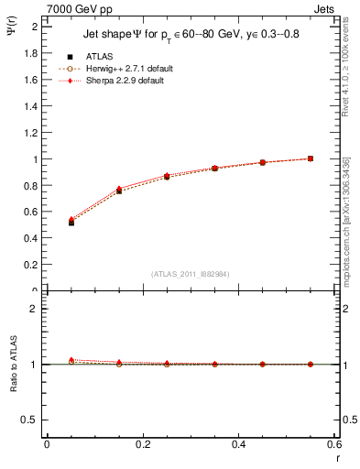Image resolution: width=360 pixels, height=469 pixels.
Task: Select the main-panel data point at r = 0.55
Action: coord(311,158)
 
